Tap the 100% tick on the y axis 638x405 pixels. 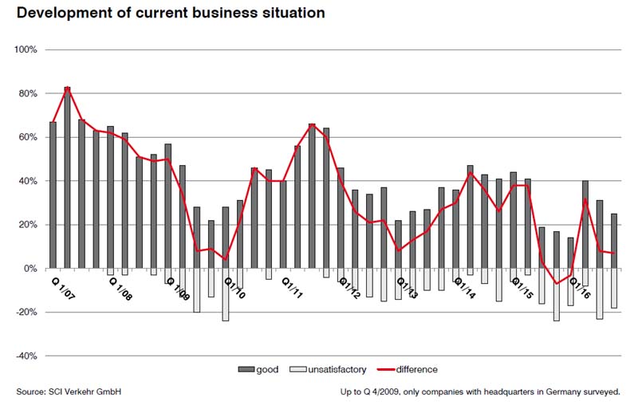[26, 50]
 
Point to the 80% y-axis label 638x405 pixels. [28, 94]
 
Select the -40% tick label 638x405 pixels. [26, 356]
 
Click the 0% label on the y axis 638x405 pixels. [31, 269]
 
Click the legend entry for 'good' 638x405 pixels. [256, 369]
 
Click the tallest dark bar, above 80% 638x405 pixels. [68, 175]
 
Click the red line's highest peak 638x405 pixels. [68, 87]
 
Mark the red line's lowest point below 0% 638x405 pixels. [557, 284]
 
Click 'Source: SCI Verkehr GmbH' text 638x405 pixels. [69, 391]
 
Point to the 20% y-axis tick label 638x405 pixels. [28, 225]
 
